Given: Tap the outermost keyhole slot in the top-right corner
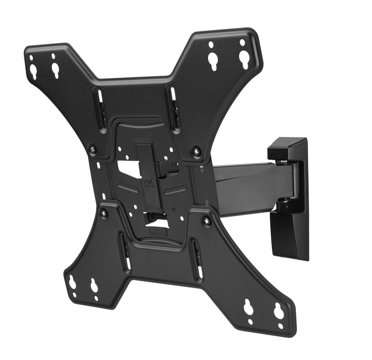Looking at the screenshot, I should (x=244, y=58).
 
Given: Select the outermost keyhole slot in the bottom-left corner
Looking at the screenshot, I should (x=72, y=283).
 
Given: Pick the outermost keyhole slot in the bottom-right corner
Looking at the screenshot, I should (x=278, y=311).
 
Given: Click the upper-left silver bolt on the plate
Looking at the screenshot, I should (x=93, y=150).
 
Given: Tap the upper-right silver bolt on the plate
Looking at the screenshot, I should (x=196, y=152).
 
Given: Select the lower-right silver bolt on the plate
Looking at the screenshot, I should (x=207, y=221).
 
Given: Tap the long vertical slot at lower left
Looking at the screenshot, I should (x=125, y=252).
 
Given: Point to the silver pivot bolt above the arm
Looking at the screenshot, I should (x=280, y=163).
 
